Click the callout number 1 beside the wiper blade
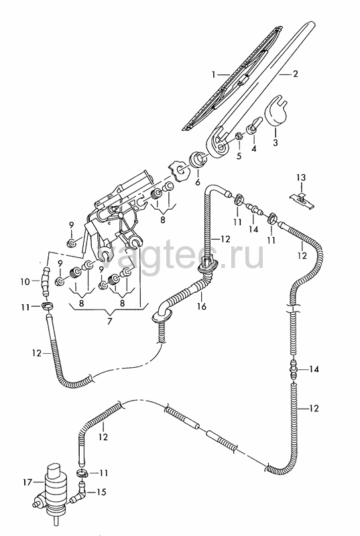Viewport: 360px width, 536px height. tap(214, 74)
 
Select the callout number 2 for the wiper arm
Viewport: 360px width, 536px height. tap(295, 74)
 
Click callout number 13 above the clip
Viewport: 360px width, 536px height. tap(301, 178)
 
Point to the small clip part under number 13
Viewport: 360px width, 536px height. tap(302, 200)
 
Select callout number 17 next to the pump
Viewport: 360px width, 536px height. tap(27, 482)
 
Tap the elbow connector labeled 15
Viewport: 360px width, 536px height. tap(79, 493)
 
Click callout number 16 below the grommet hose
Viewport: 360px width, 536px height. tap(202, 306)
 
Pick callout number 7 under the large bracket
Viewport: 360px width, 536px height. tap(109, 322)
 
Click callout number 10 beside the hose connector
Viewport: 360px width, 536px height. tap(25, 282)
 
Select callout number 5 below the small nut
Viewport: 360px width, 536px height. tap(239, 156)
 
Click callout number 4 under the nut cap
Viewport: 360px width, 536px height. tap(253, 149)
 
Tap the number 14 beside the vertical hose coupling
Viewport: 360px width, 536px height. tap(314, 369)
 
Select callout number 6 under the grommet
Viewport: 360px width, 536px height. tap(198, 182)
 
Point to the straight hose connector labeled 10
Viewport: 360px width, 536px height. tap(45, 282)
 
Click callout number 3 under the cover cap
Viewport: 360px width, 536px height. tap(276, 142)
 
